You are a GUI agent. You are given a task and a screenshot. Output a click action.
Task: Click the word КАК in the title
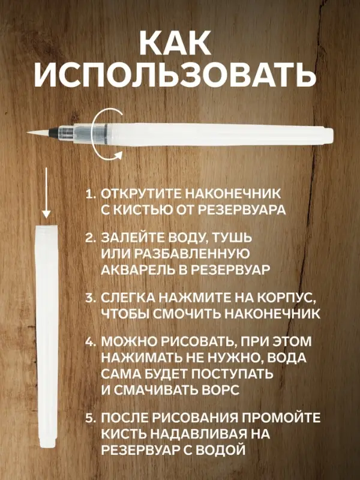pos(179,43)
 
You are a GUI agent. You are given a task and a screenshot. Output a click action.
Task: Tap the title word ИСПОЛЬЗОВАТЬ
pos(179,77)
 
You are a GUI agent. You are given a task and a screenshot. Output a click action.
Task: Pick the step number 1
pos(90,196)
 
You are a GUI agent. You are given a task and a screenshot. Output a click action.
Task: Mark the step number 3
pos(90,298)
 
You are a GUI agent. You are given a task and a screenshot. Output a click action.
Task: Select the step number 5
pos(90,418)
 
